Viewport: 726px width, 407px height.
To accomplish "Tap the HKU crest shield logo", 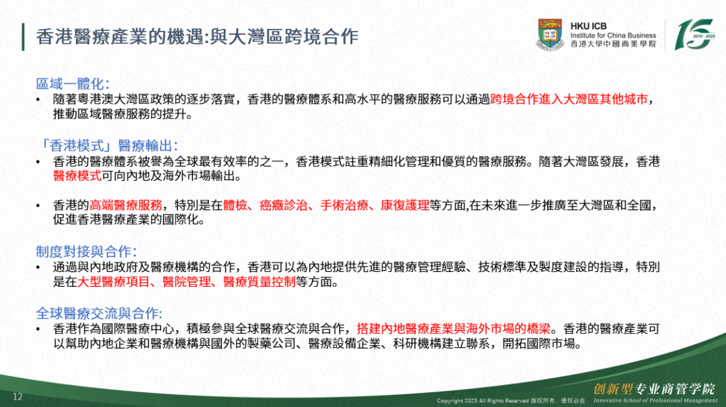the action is pos(550,34).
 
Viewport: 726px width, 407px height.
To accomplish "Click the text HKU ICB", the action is pos(588,26).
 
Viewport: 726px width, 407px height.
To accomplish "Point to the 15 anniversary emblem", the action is pos(694,34).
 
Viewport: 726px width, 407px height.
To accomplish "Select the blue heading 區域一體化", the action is pos(73,84).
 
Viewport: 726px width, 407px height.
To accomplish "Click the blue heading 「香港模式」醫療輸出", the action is pos(107,146).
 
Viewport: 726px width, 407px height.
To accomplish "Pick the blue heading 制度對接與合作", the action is pos(86,252).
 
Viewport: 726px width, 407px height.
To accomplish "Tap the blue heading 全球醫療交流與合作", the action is pos(99,313).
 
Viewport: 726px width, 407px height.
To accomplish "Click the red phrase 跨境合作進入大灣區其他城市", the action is pos(569,99).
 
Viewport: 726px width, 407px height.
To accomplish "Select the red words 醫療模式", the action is pos(77,176).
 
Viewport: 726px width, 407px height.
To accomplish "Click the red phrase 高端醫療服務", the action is pos(126,205).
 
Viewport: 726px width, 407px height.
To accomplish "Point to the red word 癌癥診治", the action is pos(284,205).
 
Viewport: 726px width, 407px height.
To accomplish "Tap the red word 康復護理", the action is pos(405,205).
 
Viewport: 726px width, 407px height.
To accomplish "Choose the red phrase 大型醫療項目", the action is pos(114,281).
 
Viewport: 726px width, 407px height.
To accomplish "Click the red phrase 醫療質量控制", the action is pos(259,281).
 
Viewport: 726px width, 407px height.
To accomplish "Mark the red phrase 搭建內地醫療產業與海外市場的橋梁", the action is pos(454,329).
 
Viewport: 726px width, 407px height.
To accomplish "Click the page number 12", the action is pos(17,397).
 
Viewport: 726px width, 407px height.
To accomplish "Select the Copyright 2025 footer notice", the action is pos(511,400).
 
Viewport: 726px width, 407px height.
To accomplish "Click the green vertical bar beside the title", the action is pos(23,37).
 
